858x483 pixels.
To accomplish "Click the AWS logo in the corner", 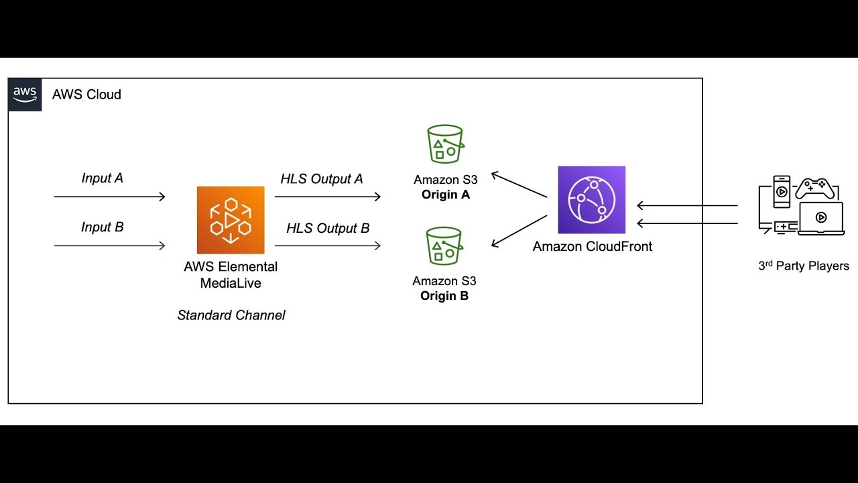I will (x=25, y=95).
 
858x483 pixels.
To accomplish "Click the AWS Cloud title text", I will (x=86, y=95).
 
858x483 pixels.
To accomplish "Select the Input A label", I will (x=102, y=178).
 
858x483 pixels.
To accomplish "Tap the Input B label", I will (x=102, y=227).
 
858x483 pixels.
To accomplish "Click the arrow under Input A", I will (x=109, y=197).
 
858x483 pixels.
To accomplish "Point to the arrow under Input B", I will (x=109, y=246).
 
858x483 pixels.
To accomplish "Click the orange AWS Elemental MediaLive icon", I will (x=231, y=220).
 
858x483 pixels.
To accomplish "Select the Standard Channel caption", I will (x=231, y=315).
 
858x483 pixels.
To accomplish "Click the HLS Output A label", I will (x=321, y=179).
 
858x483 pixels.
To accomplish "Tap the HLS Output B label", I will (x=328, y=229).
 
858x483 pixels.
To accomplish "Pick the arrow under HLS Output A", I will (x=328, y=197).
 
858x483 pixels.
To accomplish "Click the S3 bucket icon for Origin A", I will (x=445, y=144).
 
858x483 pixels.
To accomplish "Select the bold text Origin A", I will (x=445, y=195).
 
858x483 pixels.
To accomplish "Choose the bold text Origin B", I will (x=444, y=296).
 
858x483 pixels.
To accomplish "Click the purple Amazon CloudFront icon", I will (x=591, y=200).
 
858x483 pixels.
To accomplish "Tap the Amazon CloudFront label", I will (x=592, y=247).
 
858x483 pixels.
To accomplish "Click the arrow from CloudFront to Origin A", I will (x=519, y=185).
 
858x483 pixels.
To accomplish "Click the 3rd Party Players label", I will (x=803, y=266).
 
